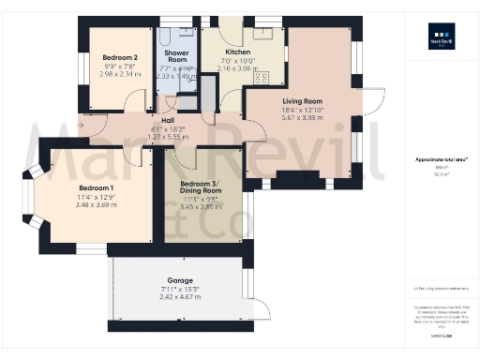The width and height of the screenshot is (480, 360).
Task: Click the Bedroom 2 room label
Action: point(120,58)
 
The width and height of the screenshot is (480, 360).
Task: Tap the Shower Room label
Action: point(176,57)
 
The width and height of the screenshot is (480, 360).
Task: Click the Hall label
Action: point(168,121)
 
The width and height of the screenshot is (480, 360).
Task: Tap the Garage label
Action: point(181,280)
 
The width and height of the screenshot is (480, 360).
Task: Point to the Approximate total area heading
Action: point(441,160)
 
